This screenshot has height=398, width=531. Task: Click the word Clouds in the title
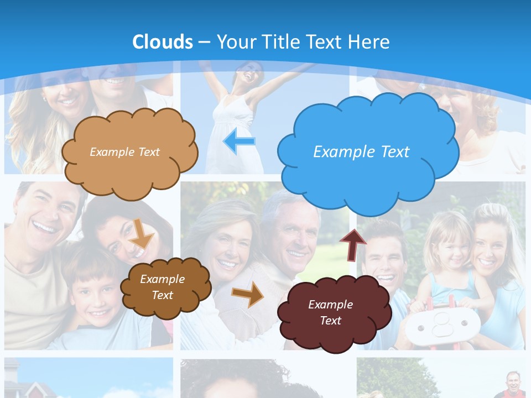(x=163, y=42)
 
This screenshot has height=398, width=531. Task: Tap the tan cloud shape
(x=129, y=151)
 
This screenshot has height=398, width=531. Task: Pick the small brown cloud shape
(x=165, y=287)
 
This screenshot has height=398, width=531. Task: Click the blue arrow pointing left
(x=239, y=142)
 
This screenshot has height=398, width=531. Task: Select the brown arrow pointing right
(x=248, y=294)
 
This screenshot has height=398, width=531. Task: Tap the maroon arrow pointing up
(x=353, y=243)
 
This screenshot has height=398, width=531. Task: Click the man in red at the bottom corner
(x=513, y=384)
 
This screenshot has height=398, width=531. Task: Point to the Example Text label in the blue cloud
(x=361, y=152)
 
